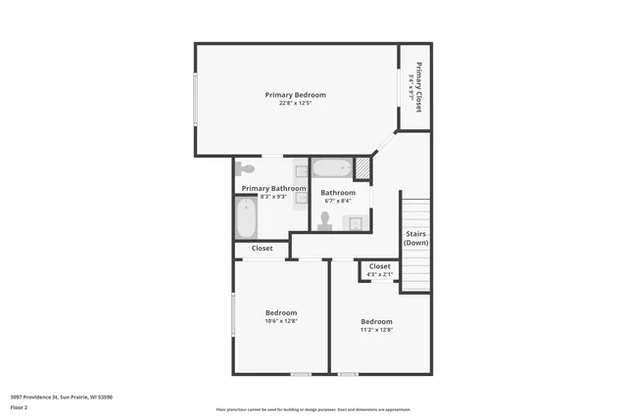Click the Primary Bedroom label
(x=295, y=95)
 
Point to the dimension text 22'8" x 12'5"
(x=295, y=104)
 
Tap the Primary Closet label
(x=418, y=87)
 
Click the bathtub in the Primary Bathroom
(x=245, y=218)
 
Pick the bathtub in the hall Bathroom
(x=331, y=168)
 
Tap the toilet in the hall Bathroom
(x=325, y=221)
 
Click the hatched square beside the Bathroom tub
(x=362, y=168)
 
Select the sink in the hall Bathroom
(x=354, y=223)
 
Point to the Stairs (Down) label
(x=415, y=238)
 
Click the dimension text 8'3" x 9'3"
(x=273, y=197)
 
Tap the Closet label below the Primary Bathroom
(x=262, y=249)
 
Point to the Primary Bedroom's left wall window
(x=195, y=99)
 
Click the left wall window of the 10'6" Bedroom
(x=233, y=317)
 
